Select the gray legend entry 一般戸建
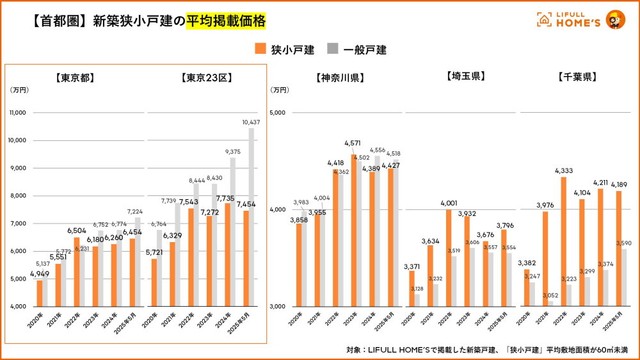364,48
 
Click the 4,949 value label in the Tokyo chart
38,273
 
